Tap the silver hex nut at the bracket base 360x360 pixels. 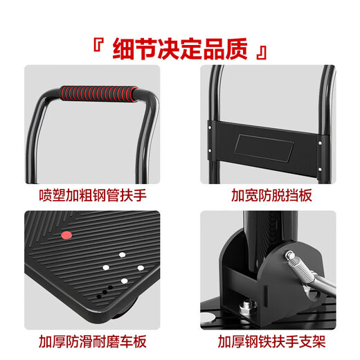point(246,307)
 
